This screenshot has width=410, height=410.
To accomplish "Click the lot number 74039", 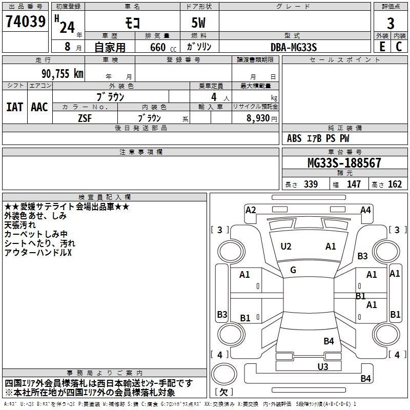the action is click(x=26, y=21).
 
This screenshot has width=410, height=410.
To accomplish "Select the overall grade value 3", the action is click(x=391, y=23).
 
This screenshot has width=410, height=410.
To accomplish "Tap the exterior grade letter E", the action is click(x=382, y=47).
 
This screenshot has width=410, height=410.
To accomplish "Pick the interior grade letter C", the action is click(x=399, y=47).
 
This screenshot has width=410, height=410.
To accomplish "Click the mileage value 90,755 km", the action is click(x=63, y=74).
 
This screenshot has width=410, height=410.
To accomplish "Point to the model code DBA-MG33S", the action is click(x=294, y=47).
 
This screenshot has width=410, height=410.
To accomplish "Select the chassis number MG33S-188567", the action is click(x=344, y=162).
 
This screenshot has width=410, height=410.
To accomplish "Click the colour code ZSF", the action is click(x=85, y=118).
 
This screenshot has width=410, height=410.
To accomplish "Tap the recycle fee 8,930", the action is click(x=258, y=118).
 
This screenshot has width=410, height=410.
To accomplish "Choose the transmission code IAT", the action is click(x=14, y=107).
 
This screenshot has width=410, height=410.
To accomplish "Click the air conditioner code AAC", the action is click(x=39, y=107).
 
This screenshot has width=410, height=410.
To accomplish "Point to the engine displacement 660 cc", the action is click(x=163, y=47).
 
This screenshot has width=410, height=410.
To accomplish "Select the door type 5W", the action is click(x=198, y=23).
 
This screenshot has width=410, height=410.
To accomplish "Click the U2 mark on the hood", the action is click(x=286, y=247).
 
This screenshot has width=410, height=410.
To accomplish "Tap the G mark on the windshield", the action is click(x=293, y=270).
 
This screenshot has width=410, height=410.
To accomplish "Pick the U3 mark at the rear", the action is click(x=323, y=366).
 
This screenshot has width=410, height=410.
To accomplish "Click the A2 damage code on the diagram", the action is click(x=251, y=210).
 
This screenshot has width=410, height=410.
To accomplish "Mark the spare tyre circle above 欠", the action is click(x=224, y=374).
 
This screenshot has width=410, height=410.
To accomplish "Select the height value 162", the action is click(x=395, y=184).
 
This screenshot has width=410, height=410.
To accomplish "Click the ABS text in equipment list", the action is click(x=294, y=138).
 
